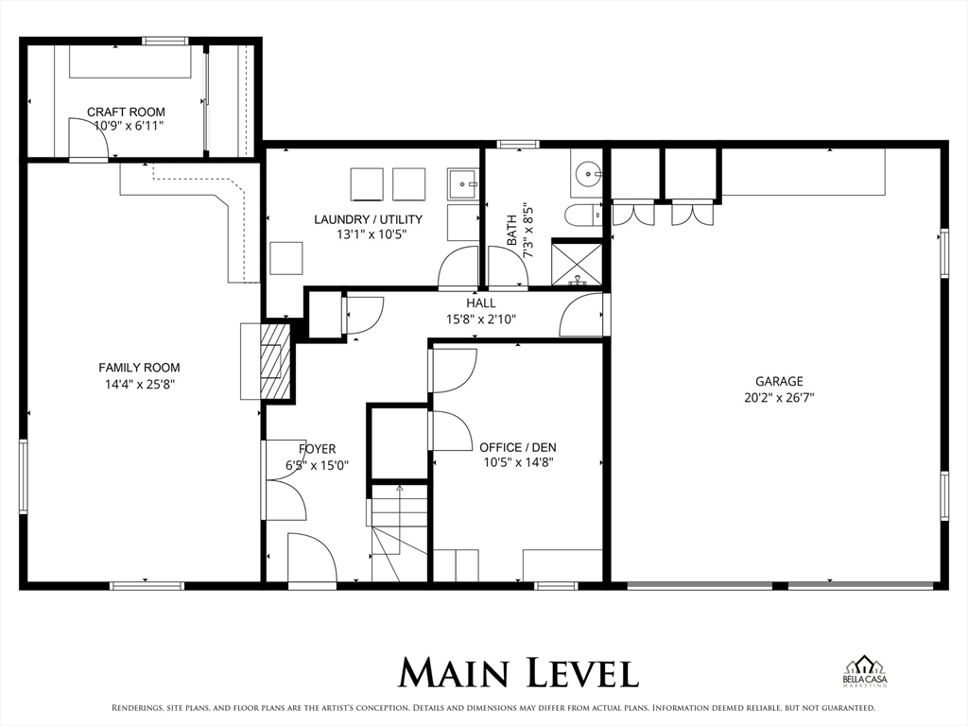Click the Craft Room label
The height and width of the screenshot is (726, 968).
coord(126,112)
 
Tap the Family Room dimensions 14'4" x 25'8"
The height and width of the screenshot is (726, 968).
coord(139,384)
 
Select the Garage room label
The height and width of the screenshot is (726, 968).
coord(779,381)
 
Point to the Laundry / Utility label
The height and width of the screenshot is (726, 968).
coord(368,219)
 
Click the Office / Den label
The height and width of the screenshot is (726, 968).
coord(516,447)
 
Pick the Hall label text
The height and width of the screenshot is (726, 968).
coord(480,303)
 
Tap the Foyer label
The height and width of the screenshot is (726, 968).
coord(317,449)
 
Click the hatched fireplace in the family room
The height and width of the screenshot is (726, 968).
coord(274,361)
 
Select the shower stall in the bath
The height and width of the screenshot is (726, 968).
coord(577,264)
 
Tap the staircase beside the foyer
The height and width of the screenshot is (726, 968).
coord(398,534)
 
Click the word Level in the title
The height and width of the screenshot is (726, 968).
coord(578,672)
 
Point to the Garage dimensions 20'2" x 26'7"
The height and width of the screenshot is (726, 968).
coord(779,398)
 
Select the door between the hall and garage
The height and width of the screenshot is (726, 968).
coord(583,316)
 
